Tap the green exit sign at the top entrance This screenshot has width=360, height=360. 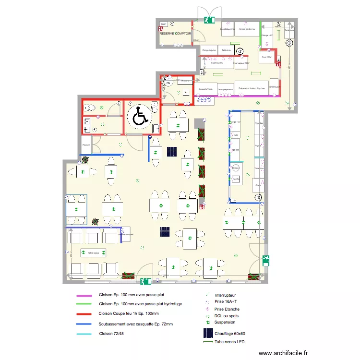click(x=209, y=20)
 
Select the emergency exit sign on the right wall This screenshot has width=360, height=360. click(x=266, y=261)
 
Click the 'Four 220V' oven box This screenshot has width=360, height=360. click(x=265, y=57)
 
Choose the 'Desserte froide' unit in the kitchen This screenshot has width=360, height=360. click(x=206, y=89)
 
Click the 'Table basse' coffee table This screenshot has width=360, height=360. click(x=93, y=252)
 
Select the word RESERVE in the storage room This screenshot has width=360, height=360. click(x=168, y=34)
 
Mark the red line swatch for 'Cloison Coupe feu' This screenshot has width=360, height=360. click(x=86, y=313)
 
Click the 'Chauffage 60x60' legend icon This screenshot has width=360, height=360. click(x=208, y=333)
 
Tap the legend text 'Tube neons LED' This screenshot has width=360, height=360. click(x=230, y=342)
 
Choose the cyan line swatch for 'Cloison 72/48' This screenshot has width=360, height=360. click(x=86, y=333)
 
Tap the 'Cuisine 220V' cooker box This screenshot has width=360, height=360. click(x=217, y=63)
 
